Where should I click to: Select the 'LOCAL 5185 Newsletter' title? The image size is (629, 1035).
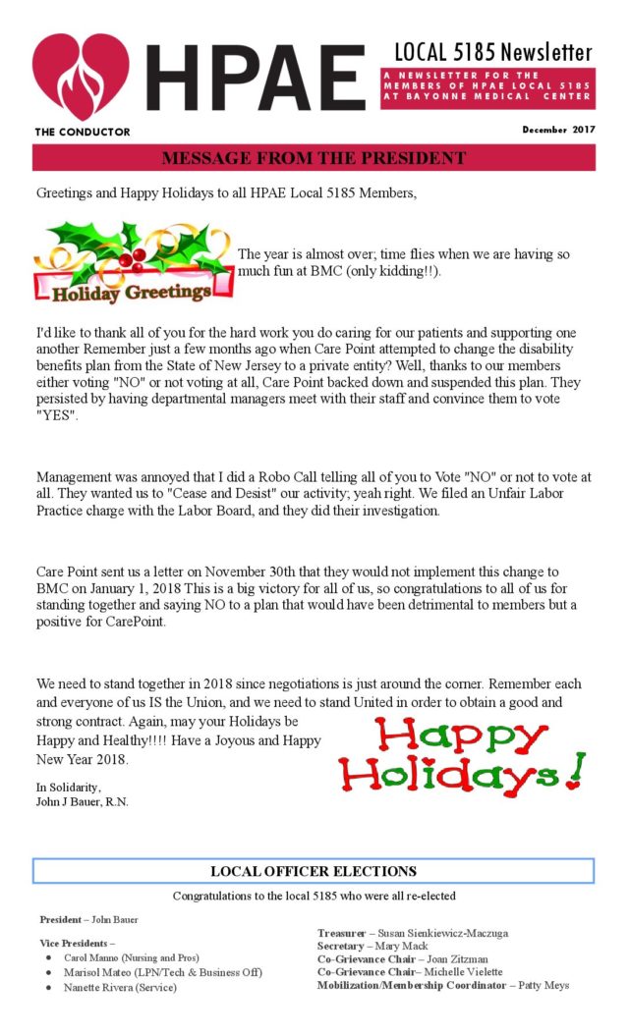click(x=493, y=51)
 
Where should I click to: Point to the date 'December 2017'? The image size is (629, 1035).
click(x=557, y=130)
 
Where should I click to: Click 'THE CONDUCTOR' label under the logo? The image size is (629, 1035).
click(x=82, y=132)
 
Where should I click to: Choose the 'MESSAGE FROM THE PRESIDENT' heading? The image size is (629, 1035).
click(x=313, y=158)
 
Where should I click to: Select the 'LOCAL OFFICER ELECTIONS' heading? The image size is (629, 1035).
click(x=313, y=871)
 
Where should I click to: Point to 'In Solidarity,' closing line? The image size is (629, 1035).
click(x=69, y=788)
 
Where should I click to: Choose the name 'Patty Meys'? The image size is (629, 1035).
click(x=543, y=984)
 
